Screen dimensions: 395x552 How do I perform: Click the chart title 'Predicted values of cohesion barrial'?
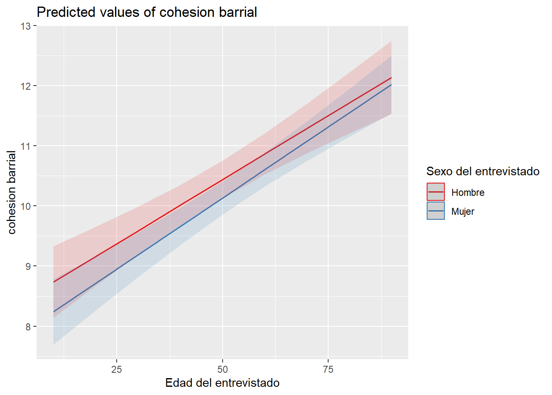tap(147, 12)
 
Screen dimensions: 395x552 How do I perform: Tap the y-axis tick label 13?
tap(26, 26)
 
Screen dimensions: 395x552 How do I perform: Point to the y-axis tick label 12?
tap(26, 86)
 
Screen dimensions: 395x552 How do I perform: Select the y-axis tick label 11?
tap(26, 146)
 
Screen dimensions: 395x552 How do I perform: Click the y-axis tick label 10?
tap(26, 206)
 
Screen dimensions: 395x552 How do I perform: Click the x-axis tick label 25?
tap(117, 369)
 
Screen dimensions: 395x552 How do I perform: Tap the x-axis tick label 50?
tap(222, 369)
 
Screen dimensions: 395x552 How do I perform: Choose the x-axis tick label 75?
tap(328, 369)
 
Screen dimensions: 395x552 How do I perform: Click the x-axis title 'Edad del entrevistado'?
tap(222, 383)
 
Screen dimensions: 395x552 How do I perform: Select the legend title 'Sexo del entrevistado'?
tap(483, 171)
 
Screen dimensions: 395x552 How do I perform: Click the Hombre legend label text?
tap(467, 193)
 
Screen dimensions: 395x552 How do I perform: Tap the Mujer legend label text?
tap(462, 211)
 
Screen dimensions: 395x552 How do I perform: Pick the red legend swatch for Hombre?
tap(435, 192)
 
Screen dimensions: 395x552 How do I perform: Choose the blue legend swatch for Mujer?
tap(435, 211)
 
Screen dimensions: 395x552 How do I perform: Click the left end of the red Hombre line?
tap(53, 282)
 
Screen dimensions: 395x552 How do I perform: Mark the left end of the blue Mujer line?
tap(53, 312)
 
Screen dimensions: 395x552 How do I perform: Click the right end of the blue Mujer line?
tap(391, 85)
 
